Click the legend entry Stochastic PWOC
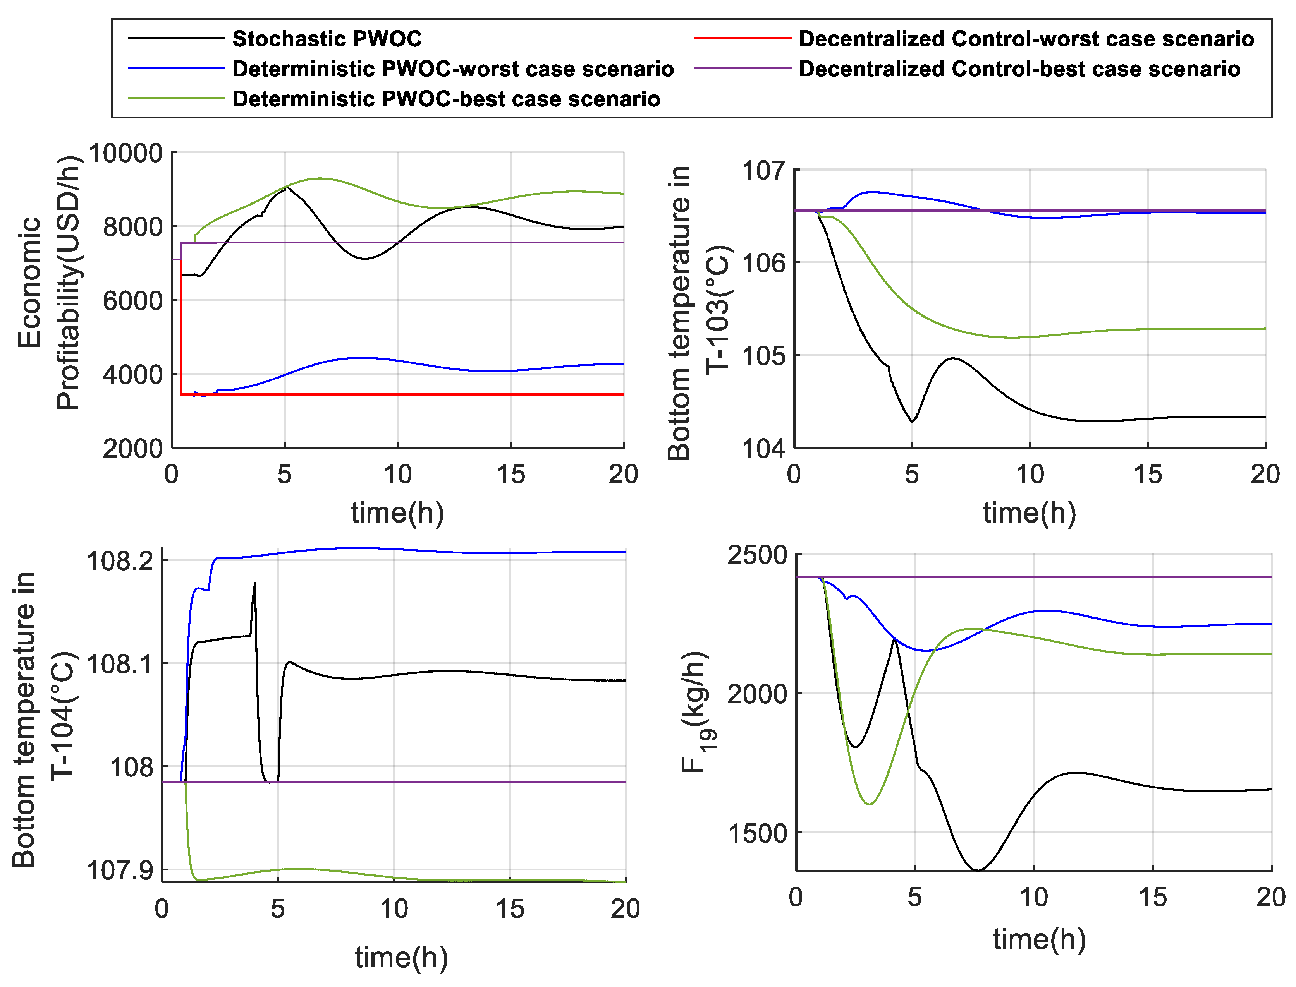[327, 39]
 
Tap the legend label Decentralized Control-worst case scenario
[1026, 39]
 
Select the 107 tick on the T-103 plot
[763, 171]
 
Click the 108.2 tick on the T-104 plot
[120, 561]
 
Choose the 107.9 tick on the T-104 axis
[120, 870]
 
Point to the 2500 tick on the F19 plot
[757, 555]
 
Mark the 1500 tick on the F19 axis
[757, 833]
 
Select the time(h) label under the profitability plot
[397, 513]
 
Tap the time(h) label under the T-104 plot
[401, 958]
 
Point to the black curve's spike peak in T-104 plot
[254, 583]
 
